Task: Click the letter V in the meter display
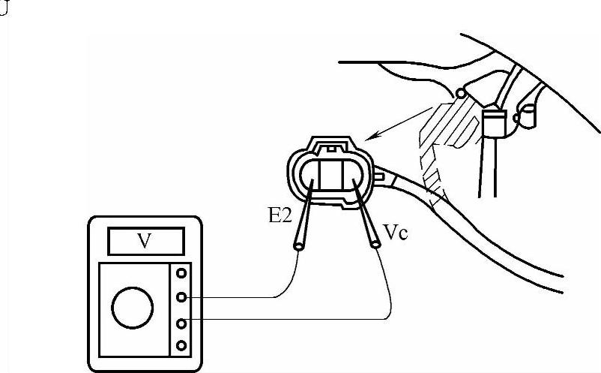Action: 145,241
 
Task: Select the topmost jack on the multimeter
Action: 180,274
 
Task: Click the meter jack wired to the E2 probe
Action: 180,298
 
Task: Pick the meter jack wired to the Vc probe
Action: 180,323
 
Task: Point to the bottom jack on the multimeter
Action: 180,346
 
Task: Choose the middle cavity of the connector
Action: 330,175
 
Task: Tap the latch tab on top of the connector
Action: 330,143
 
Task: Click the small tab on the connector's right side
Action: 379,176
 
